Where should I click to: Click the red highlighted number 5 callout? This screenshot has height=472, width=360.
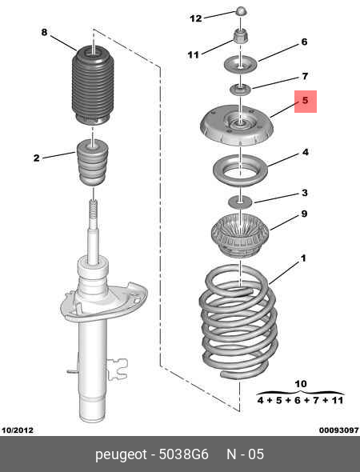306,102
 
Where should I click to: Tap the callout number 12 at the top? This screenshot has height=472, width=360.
196,18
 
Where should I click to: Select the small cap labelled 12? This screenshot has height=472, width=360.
241,12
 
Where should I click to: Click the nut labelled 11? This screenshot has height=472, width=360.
241,36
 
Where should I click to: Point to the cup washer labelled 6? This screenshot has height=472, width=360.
240,65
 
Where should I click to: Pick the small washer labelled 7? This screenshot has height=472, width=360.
241,90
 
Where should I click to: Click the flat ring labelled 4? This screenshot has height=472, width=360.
240,170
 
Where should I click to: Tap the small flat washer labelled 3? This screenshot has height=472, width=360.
240,201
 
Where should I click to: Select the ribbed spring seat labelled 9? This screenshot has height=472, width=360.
240,235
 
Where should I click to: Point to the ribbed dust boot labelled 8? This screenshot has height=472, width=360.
93,85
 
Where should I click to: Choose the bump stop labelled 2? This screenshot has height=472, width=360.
93,162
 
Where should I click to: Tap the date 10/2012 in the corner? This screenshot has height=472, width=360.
18,430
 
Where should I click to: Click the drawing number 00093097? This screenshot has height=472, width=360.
339,430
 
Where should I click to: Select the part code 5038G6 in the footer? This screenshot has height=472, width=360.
184,454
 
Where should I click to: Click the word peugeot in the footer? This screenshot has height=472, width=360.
121,455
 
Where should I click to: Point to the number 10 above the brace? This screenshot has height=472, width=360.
301,384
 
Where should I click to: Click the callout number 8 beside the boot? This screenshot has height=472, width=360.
44,32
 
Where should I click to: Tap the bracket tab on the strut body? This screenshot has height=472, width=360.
118,369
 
